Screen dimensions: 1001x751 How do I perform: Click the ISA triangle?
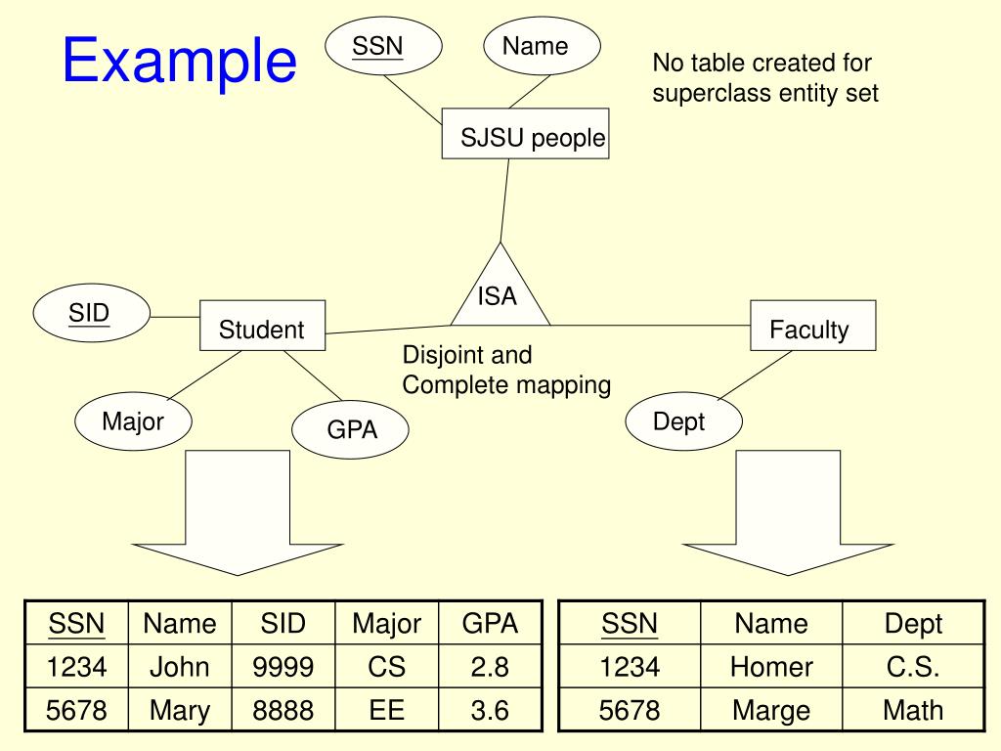500,292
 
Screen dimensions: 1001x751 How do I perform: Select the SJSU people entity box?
525,133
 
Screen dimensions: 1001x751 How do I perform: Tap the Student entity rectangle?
262,326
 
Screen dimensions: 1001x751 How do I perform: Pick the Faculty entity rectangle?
812,326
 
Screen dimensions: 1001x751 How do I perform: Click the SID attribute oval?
91,313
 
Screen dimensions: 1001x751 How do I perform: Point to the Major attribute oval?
133,421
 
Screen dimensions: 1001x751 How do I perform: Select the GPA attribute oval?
351,430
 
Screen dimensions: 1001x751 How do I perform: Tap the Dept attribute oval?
683,421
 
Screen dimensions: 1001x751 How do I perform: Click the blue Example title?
180,61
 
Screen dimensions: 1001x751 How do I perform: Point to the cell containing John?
180,667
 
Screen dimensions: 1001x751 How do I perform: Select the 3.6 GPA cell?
491,710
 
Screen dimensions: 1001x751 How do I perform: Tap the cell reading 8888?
283,710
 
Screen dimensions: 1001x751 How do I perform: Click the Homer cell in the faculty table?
771,667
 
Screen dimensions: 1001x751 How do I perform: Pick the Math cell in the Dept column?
913,710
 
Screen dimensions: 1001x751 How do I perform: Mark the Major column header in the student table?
387,623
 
